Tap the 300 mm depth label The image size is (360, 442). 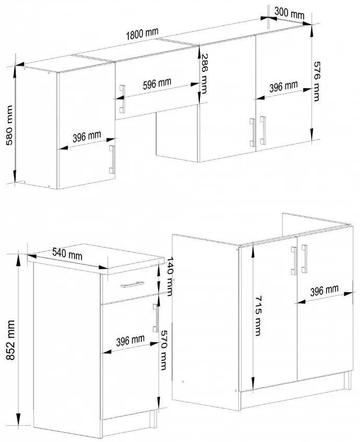point(289,13)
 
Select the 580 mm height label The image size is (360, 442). point(9,125)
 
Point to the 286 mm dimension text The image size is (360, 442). point(203,74)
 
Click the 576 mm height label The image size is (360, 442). point(317,81)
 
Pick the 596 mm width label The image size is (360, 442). point(157,83)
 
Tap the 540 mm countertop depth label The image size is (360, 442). point(67,254)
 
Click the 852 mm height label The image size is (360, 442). point(10,340)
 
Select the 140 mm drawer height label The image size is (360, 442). point(170,276)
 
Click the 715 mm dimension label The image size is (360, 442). point(258,315)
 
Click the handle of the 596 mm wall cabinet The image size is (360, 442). point(123,99)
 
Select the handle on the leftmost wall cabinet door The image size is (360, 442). point(112,159)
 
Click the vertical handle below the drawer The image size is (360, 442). point(155,318)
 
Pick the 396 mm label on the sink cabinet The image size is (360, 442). point(324,291)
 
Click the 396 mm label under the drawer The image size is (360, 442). point(130,340)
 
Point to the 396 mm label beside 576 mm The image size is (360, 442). point(283,86)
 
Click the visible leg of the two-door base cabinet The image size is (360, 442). point(347,380)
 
